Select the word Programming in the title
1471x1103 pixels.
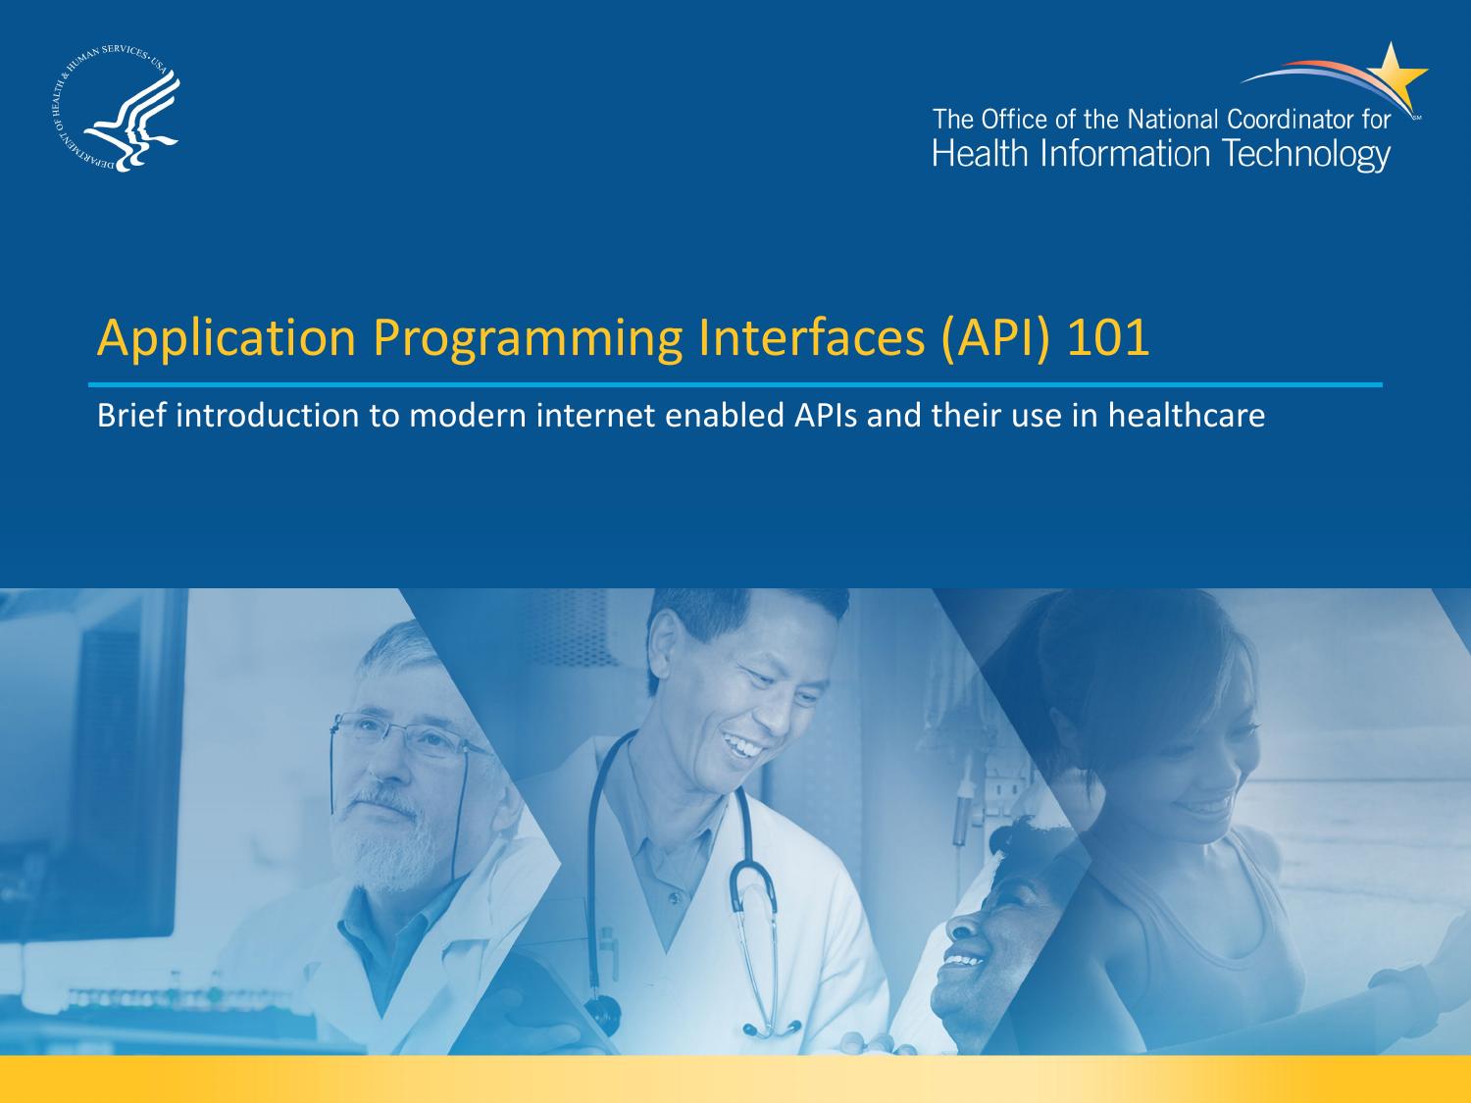[527, 338]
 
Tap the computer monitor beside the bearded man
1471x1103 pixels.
[98, 765]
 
